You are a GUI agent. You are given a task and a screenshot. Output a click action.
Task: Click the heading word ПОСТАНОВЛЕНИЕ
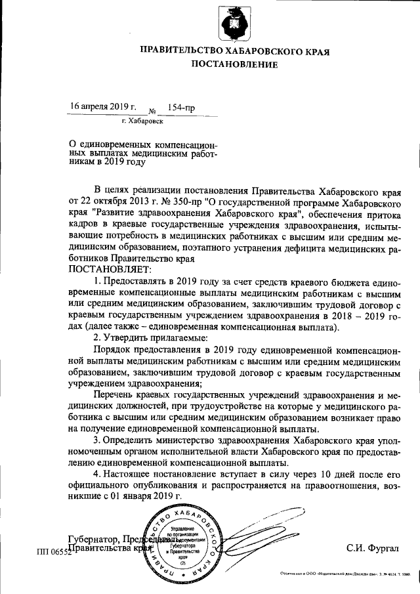coord(234,64)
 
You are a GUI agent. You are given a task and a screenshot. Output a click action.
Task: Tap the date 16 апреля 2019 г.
coord(103,106)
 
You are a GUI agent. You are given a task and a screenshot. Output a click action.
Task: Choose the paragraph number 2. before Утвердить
coord(98,337)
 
